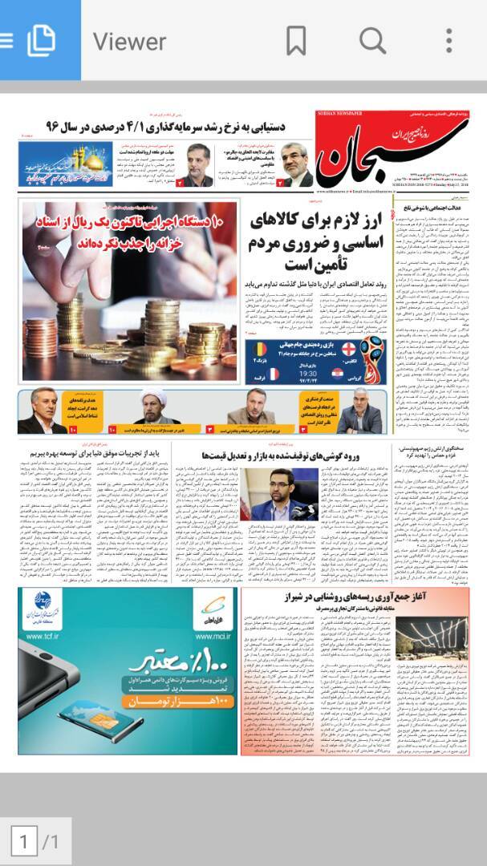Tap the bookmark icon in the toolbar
click(296, 39)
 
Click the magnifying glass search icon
click(372, 39)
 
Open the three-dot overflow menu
click(448, 39)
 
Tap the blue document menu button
click(40, 39)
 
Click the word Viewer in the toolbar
click(129, 40)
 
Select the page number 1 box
click(25, 841)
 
